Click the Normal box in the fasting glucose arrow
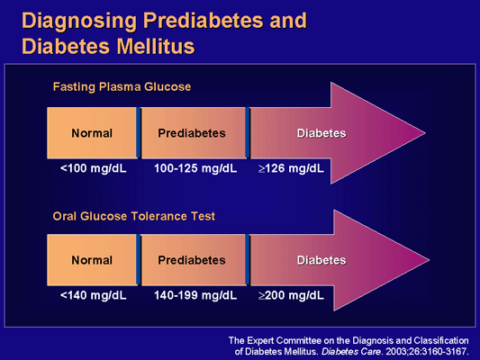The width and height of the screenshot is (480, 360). [x=92, y=133]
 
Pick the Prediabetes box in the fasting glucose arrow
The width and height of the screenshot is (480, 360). [x=191, y=133]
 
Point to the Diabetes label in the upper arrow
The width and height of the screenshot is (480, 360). [x=322, y=133]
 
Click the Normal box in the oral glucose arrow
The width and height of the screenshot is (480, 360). [x=92, y=260]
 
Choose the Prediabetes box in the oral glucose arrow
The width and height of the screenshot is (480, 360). [x=191, y=260]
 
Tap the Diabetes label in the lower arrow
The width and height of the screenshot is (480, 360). [x=322, y=260]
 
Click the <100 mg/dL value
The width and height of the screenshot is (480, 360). [x=89, y=168]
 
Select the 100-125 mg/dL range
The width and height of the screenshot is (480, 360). [x=191, y=168]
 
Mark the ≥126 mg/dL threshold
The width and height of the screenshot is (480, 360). [x=289, y=168]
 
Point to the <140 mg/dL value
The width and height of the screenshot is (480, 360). [x=89, y=294]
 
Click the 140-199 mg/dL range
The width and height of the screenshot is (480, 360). [x=191, y=294]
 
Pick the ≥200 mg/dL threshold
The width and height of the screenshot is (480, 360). [x=289, y=294]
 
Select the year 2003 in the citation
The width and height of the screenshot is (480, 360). [x=400, y=351]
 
